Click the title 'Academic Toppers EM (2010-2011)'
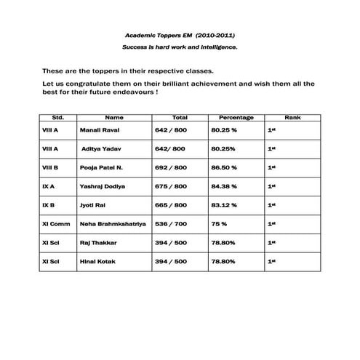(179, 34)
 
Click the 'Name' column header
(114, 117)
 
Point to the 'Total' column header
(180, 117)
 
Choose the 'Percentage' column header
(236, 117)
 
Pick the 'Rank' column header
(292, 117)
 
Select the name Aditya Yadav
(100, 148)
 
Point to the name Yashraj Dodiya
(103, 186)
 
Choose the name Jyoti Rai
(93, 205)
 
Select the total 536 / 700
(171, 223)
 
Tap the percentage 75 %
(219, 223)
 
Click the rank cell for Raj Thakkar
(271, 242)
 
